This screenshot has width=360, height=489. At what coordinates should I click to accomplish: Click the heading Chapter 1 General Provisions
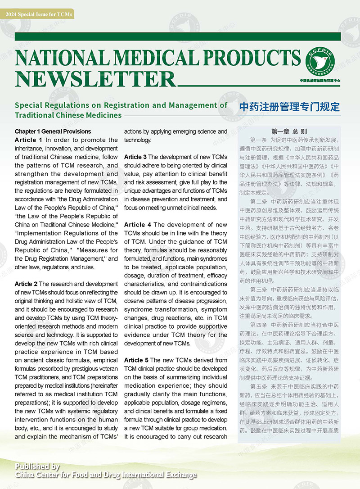[x=53, y=131]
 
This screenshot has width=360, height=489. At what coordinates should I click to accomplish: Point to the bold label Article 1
[x=28, y=140]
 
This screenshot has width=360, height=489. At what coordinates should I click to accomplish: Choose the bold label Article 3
[x=135, y=157]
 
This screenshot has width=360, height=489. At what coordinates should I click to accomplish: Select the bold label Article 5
[x=135, y=360]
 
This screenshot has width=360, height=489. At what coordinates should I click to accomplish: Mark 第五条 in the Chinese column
[x=260, y=386]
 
